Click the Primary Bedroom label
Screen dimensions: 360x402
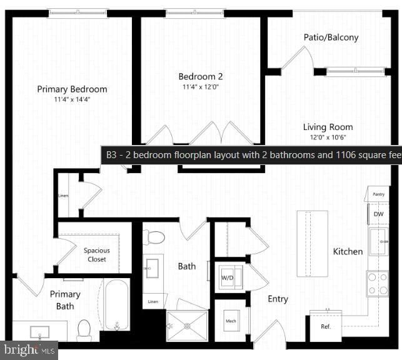(72, 89)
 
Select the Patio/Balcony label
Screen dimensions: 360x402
(331, 37)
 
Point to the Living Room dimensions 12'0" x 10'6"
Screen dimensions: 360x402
(328, 137)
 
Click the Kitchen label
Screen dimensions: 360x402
(348, 251)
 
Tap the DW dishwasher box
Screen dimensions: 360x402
(378, 214)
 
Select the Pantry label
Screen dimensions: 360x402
(378, 194)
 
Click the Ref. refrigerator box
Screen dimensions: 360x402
(325, 326)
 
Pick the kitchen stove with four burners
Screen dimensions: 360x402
(377, 283)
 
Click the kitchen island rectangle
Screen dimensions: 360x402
(312, 242)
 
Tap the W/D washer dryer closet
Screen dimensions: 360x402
(229, 276)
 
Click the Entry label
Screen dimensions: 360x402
(278, 299)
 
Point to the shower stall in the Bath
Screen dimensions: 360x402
(186, 324)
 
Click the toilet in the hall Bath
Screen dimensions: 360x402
(154, 237)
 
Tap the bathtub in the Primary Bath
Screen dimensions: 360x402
(116, 305)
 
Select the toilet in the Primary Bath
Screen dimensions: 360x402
(84, 329)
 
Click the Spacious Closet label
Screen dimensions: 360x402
(96, 255)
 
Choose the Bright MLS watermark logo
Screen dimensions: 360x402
(29, 350)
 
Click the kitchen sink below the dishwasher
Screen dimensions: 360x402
(378, 241)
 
